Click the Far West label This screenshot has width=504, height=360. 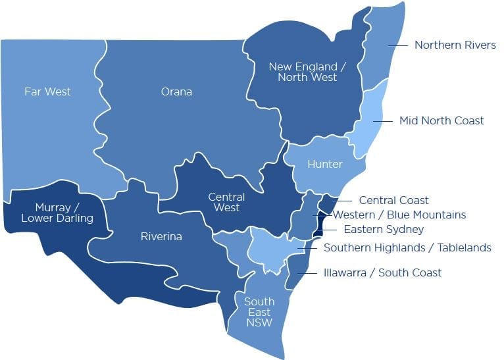tap(47, 91)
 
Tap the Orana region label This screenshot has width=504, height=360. tap(176, 91)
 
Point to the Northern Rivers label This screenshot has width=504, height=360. tap(455, 45)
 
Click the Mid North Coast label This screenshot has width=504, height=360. tap(441, 120)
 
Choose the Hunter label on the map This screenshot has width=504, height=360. tap(325, 164)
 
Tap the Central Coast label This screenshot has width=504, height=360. tap(393, 200)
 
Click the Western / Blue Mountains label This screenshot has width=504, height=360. tap(399, 215)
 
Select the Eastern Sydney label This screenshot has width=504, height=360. tap(384, 230)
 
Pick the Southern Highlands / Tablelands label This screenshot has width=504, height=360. tap(407, 248)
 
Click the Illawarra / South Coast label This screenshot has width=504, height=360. tap(382, 272)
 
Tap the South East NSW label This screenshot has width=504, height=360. tap(259, 312)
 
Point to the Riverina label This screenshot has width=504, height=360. tap(161, 236)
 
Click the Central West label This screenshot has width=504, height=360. tap(226, 202)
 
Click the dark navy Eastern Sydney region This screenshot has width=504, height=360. tap(318, 226)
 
